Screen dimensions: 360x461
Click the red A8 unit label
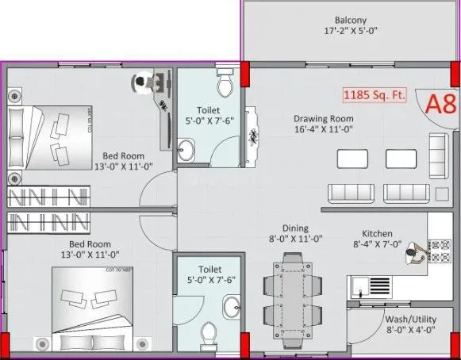(x=440, y=105)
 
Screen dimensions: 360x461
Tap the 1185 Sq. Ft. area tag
(x=373, y=95)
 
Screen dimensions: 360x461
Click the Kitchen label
(x=377, y=234)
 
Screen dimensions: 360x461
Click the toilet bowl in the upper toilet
(x=225, y=82)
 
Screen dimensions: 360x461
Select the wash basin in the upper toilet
(x=186, y=147)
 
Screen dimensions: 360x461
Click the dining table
(x=295, y=293)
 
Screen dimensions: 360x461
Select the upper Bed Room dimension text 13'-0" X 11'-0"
(x=122, y=167)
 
